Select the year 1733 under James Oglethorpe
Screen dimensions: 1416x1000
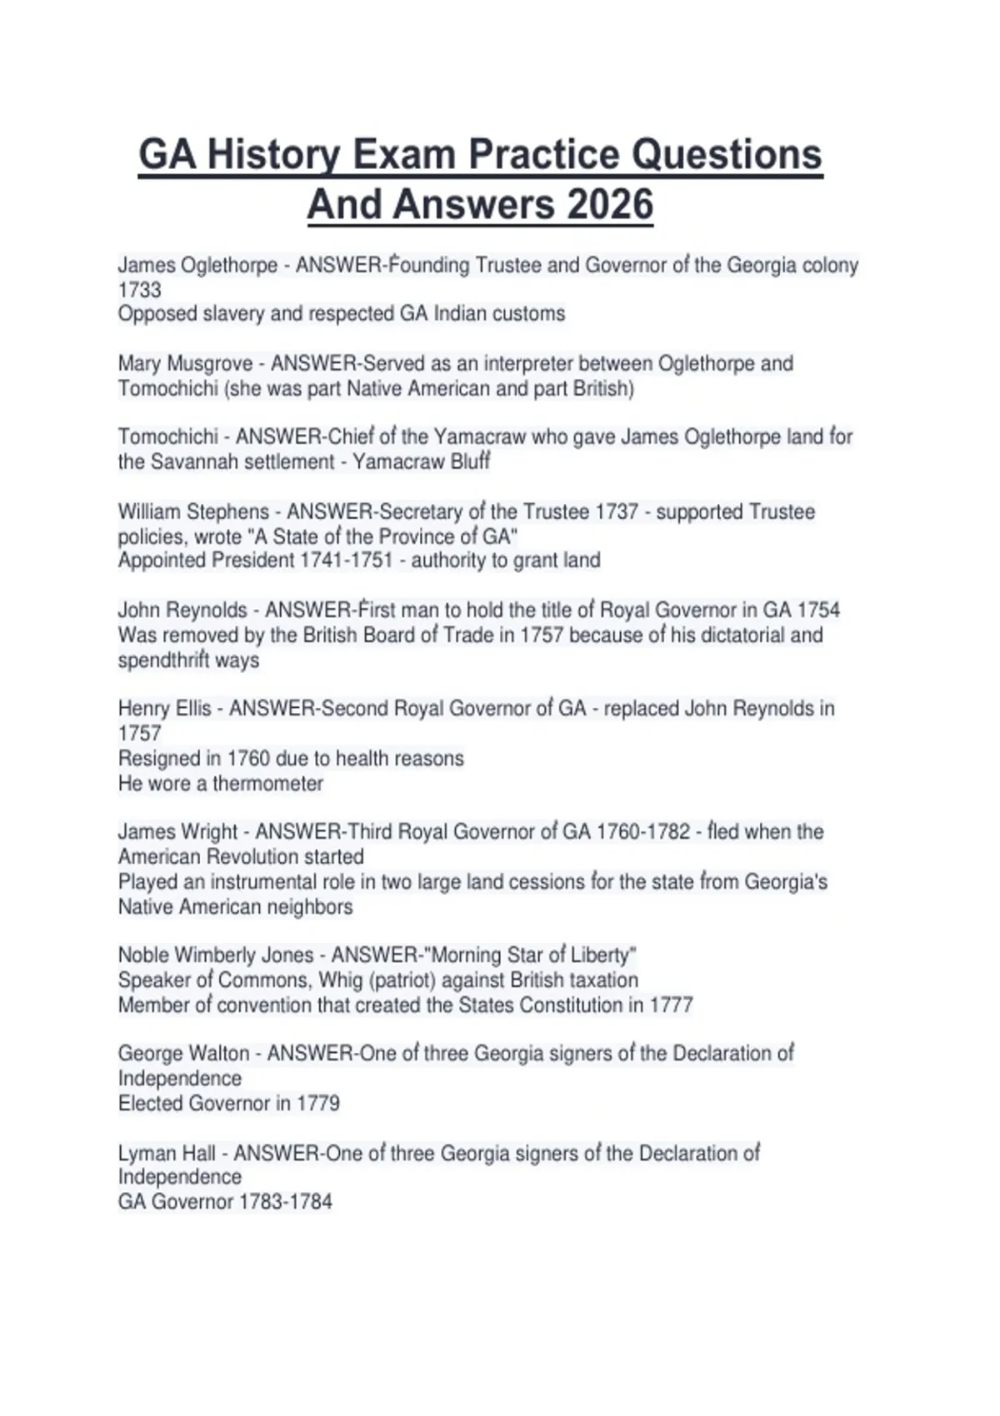[x=139, y=290]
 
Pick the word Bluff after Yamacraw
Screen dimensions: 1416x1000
[x=470, y=461]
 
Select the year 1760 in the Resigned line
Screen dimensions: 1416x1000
[x=247, y=758]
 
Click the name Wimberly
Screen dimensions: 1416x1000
[x=217, y=955]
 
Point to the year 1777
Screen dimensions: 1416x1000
[x=671, y=1005]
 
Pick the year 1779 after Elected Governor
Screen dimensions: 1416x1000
[x=318, y=1103]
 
